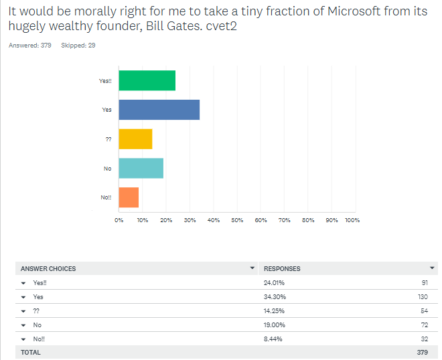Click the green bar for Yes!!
coord(147,80)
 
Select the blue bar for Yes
coord(159,110)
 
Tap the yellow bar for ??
coord(135,139)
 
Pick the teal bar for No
coord(141,168)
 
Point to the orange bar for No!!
coord(129,197)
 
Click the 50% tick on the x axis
coord(237,220)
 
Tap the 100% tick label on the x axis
coord(352,220)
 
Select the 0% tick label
coord(119,220)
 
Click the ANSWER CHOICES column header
coord(48,269)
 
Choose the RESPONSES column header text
coord(282,269)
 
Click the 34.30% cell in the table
coord(275,297)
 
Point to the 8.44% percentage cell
coord(273,339)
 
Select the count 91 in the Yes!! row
coord(425,283)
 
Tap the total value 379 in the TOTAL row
coord(423,353)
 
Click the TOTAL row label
coord(31,353)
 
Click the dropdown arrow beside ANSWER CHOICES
coord(252,268)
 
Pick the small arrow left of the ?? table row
coord(23,311)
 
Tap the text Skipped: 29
coord(78,46)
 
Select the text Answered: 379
coord(30,46)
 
